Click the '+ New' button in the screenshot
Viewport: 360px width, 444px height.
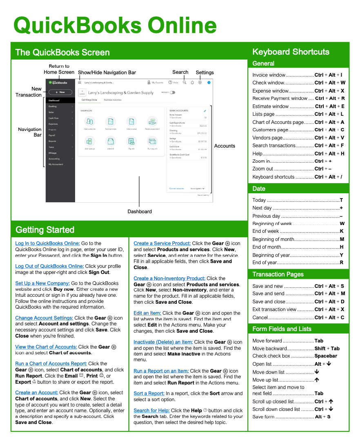[60, 92]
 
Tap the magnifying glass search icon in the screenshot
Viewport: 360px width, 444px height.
[184, 82]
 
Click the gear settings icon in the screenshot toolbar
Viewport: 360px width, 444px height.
[200, 82]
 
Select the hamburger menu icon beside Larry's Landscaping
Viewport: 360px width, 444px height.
[80, 82]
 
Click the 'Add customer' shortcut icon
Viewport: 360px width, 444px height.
[89, 121]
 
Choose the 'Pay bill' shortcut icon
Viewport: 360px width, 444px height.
[131, 141]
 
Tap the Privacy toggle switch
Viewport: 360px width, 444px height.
[172, 93]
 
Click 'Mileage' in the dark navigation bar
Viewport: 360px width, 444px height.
[53, 153]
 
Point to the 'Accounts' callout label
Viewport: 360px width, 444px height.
[224, 146]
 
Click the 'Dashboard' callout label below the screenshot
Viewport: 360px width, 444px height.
[140, 212]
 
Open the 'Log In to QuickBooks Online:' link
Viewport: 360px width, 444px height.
[47, 243]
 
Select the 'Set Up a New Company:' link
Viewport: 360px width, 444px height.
[42, 283]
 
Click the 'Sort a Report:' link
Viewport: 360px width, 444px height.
[149, 393]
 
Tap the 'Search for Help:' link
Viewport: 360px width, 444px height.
[151, 411]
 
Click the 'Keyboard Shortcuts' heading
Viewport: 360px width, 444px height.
[291, 52]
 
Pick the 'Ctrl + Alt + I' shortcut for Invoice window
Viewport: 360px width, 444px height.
[328, 75]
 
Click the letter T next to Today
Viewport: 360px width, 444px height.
[341, 200]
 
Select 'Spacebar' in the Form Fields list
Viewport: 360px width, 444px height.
[326, 356]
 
